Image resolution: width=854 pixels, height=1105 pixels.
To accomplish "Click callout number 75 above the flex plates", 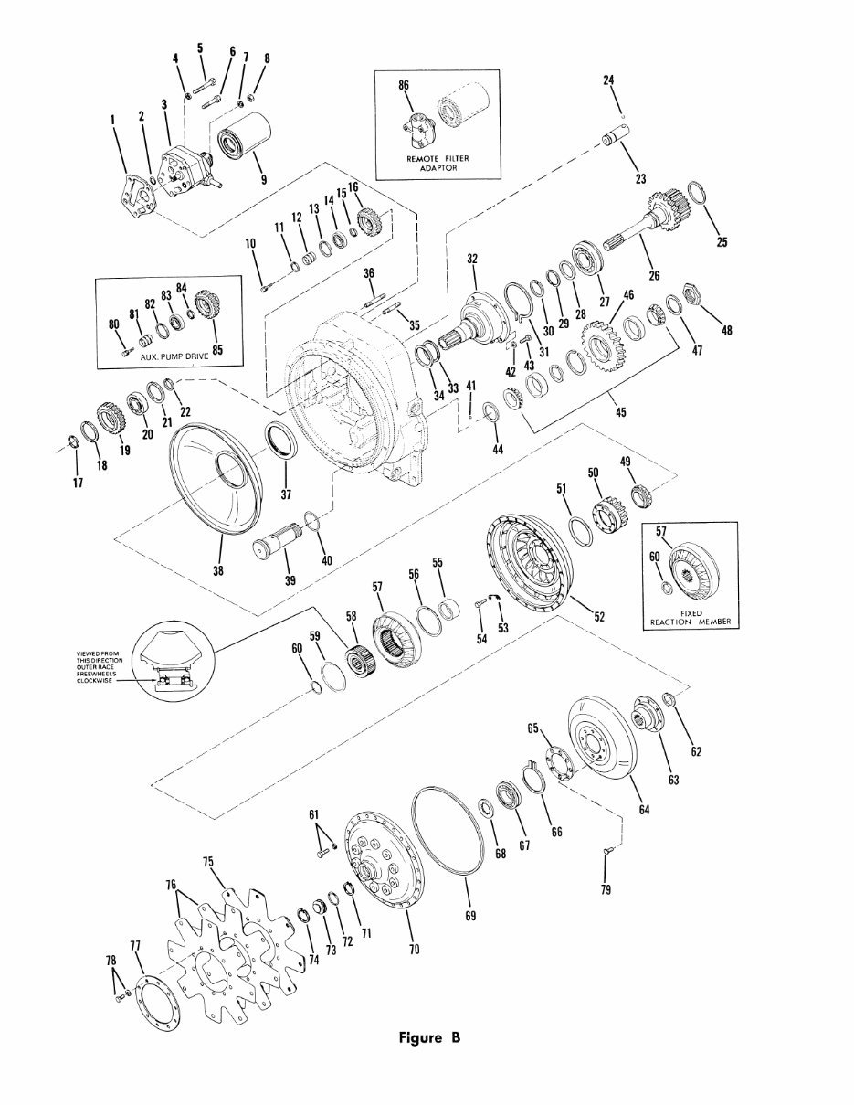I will tap(207, 861).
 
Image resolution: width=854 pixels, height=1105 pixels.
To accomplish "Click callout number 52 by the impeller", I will tap(599, 617).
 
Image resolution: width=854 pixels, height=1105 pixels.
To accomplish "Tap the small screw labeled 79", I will tap(606, 851).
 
